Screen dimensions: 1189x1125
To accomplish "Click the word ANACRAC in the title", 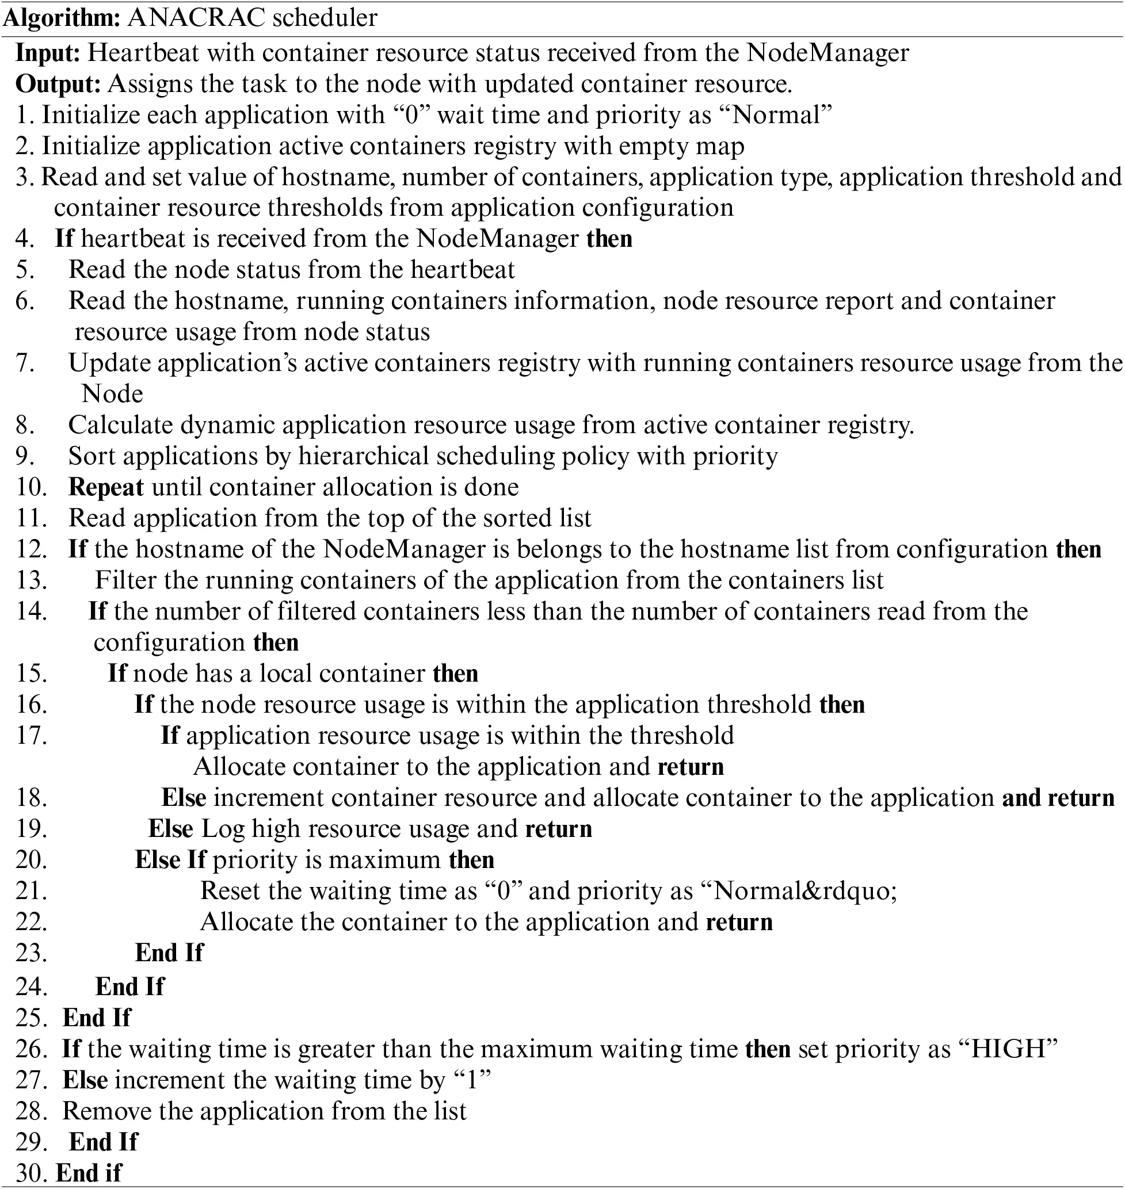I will tap(196, 18).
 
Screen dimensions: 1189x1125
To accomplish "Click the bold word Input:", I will tap(48, 53).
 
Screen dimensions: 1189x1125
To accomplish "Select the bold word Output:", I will tap(58, 84).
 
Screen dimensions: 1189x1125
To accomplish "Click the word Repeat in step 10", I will tap(105, 487).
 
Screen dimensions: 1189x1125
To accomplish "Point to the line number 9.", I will tap(25, 457).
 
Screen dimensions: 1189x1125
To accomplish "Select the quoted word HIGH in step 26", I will tap(1008, 1049).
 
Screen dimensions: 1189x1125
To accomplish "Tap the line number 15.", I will tap(31, 674).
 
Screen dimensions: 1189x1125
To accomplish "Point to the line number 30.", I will tap(31, 1173).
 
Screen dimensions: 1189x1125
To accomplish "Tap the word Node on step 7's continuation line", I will tap(112, 395).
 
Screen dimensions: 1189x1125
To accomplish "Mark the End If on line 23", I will tap(169, 953).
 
